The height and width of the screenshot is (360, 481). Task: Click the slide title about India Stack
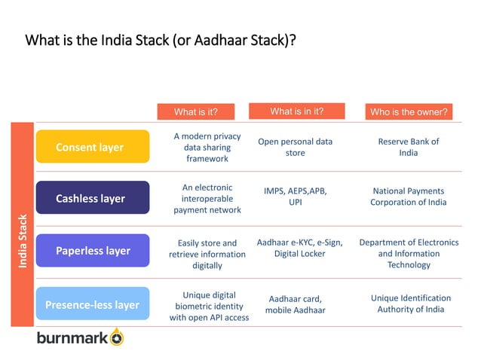tap(161, 39)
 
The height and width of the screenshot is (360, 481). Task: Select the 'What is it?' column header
tap(195, 111)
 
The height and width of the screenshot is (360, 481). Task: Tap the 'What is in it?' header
tap(296, 111)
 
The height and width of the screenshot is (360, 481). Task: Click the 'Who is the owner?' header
tap(409, 111)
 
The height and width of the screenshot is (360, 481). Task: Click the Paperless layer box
tap(92, 251)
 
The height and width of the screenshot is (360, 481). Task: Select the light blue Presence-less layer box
tap(92, 305)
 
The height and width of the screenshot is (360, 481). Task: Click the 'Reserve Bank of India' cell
tap(408, 147)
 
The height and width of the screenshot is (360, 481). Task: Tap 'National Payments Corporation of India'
tap(408, 197)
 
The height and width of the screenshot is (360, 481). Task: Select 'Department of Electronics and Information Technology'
tap(408, 253)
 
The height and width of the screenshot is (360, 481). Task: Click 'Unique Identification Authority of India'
tap(410, 304)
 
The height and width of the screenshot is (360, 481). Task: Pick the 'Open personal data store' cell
tap(295, 147)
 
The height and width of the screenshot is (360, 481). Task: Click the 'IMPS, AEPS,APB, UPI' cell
tap(295, 197)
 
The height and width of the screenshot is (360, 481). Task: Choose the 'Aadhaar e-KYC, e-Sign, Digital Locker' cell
tap(299, 248)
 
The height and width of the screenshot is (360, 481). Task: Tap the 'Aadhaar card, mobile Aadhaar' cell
tap(295, 304)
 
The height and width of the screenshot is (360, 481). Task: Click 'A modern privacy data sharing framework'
tap(207, 147)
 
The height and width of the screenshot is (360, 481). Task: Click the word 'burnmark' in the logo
tap(72, 338)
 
